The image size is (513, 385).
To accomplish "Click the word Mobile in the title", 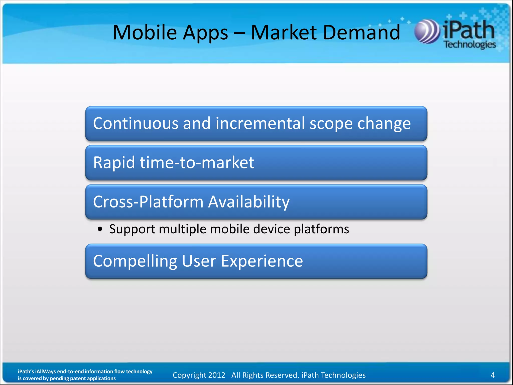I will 145,32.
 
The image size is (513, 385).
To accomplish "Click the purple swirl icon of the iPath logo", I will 427,32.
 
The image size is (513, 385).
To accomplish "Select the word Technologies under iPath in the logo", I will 470,45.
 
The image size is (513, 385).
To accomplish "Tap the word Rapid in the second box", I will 114,163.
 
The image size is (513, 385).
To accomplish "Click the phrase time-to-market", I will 197,163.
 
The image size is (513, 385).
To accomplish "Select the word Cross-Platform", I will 148,202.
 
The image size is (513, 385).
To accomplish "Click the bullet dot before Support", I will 100,229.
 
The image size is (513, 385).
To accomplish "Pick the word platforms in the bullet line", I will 321,229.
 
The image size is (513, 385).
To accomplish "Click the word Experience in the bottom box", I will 262,261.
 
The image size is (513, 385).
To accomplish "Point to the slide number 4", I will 492,375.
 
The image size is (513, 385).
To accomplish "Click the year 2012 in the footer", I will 217,375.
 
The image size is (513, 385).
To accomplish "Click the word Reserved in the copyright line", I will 282,375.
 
